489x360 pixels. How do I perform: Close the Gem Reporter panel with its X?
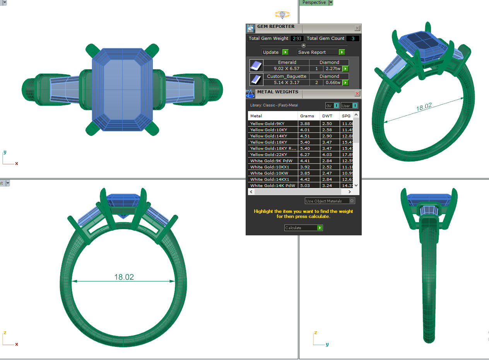pyautogui.click(x=357, y=28)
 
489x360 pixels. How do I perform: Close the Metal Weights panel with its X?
pyautogui.click(x=357, y=94)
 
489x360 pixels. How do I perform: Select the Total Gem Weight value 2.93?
pyautogui.click(x=297, y=38)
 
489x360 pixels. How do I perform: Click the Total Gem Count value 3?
pyautogui.click(x=352, y=38)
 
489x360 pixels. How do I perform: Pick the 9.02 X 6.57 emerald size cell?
pyautogui.click(x=286, y=69)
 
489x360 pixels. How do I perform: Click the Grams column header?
pyautogui.click(x=307, y=116)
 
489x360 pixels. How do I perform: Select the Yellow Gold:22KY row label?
pyautogui.click(x=268, y=154)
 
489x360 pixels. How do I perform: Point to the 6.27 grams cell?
pyautogui.click(x=304, y=154)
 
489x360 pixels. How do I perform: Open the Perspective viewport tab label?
pyautogui.click(x=314, y=3)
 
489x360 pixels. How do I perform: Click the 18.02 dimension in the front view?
pyautogui.click(x=124, y=277)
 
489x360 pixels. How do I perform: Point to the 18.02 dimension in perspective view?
pyautogui.click(x=424, y=107)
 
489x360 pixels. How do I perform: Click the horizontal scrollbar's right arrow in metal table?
pyautogui.click(x=350, y=192)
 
